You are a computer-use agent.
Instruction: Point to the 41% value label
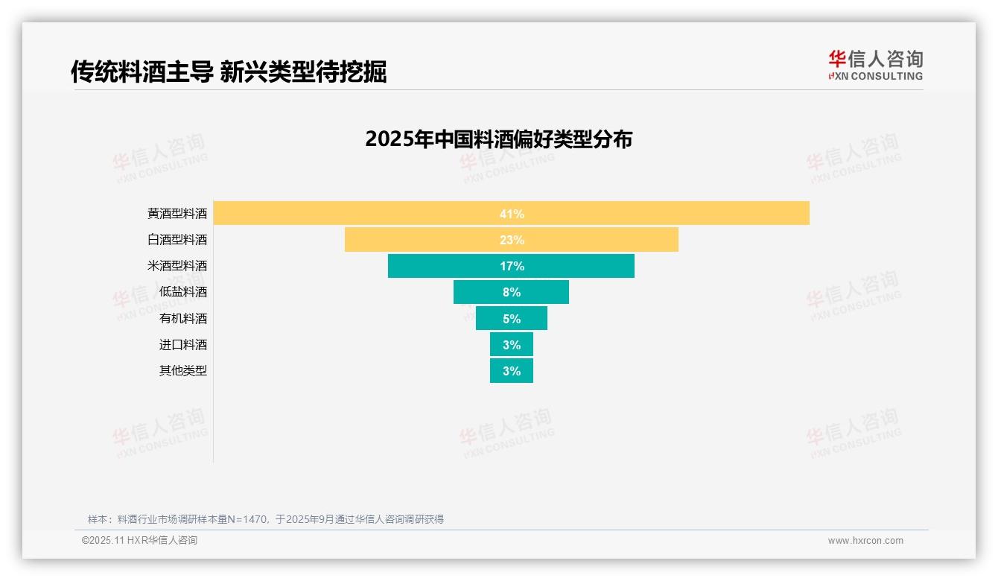point(512,214)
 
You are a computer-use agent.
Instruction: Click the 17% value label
point(512,266)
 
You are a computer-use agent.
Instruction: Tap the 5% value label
point(512,319)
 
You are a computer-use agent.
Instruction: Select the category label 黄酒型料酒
point(177,214)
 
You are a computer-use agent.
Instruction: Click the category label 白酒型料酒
point(177,240)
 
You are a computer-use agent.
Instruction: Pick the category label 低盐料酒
point(183,292)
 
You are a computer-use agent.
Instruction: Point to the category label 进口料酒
point(183,345)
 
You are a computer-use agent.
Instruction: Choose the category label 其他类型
point(183,371)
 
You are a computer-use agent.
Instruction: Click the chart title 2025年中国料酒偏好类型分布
point(498,139)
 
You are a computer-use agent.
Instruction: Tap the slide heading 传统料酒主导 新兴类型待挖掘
point(229,72)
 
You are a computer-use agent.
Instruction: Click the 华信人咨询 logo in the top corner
point(875,65)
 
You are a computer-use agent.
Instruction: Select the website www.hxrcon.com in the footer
point(865,541)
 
